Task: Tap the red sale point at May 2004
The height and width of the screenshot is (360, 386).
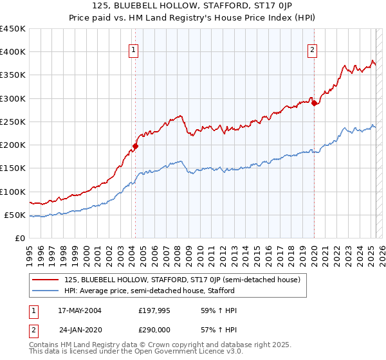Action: tap(136, 146)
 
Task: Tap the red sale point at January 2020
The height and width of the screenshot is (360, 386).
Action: tap(314, 103)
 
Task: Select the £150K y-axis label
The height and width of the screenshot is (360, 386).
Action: tap(13, 168)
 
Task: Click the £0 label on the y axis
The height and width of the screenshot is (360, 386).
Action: tap(19, 238)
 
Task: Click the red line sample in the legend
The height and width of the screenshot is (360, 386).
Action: tap(45, 280)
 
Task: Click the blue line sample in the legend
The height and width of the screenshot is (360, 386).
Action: tap(45, 291)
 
